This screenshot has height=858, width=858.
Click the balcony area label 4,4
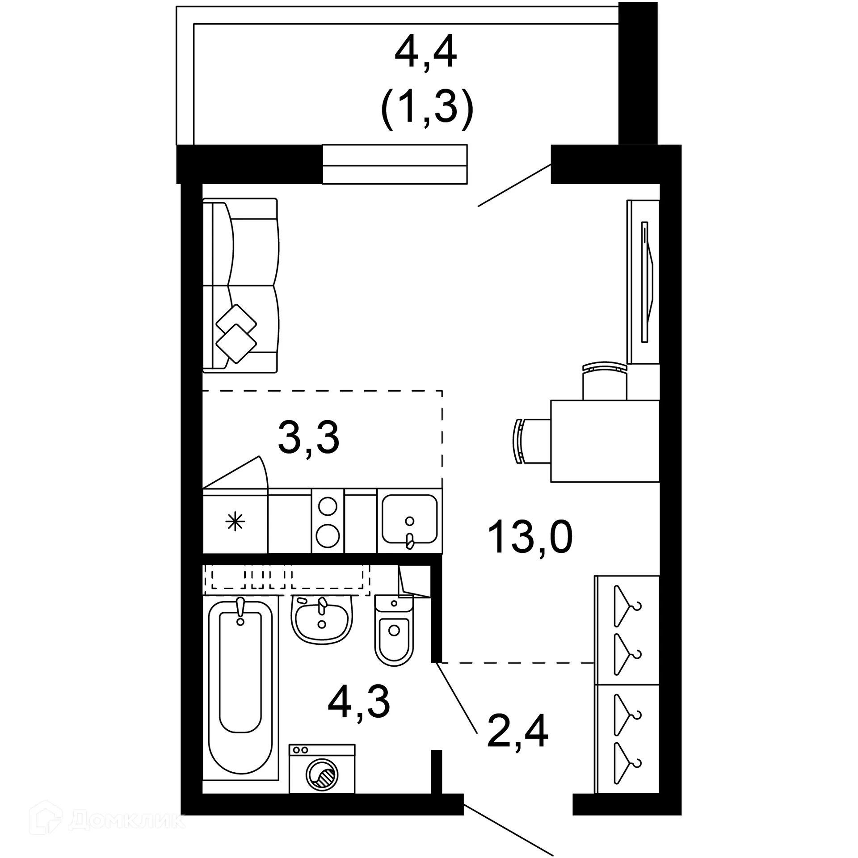[x=426, y=53]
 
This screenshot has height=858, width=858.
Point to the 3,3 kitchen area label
[x=309, y=438]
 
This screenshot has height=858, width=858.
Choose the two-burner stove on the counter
[x=328, y=521]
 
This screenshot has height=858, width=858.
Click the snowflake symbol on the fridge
[x=235, y=522]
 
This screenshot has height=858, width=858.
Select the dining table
[x=605, y=441]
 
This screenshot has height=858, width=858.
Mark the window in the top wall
[x=395, y=164]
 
